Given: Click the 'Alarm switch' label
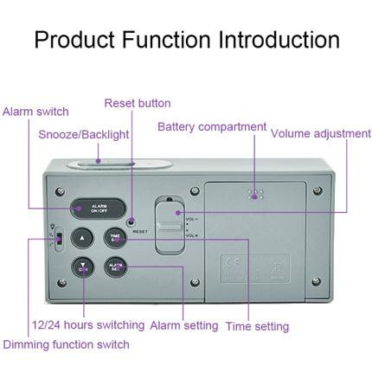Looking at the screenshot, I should point(35,112).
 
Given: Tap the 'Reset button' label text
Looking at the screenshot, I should point(138,103).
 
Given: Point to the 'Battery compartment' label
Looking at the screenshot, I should point(211,127).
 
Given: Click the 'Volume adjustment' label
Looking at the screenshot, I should point(320,134).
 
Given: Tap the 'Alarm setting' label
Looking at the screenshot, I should point(184,326).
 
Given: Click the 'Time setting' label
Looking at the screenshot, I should point(257,326).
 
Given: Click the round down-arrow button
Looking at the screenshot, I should point(81,267).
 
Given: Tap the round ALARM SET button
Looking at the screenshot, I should point(115,267).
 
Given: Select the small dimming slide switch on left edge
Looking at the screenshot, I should point(55,241).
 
